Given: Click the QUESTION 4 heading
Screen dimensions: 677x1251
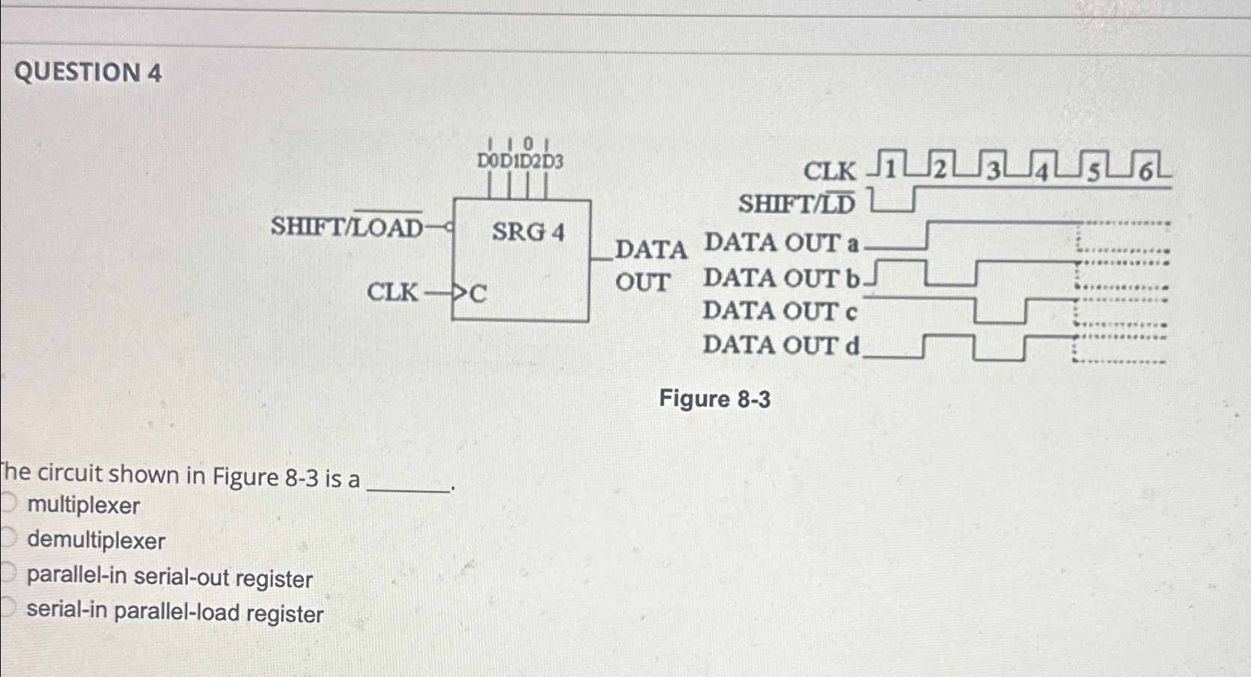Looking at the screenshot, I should click(x=88, y=73).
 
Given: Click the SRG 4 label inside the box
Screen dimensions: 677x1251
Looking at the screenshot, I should click(x=528, y=232).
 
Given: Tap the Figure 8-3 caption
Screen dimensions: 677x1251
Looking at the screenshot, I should click(x=714, y=399).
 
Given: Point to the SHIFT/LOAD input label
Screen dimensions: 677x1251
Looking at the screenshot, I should click(x=347, y=226).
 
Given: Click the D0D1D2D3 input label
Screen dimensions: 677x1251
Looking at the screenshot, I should click(x=520, y=161).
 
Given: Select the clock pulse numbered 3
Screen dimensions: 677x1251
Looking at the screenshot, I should click(x=993, y=171).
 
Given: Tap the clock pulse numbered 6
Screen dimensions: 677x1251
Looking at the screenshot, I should click(x=1145, y=171).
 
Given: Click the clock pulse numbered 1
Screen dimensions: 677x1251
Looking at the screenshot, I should click(x=889, y=169).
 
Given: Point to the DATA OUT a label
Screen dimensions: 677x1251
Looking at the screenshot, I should click(x=781, y=243).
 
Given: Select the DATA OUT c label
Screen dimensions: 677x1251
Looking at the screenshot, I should click(x=779, y=311).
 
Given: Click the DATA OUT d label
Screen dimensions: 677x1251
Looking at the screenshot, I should click(x=781, y=345).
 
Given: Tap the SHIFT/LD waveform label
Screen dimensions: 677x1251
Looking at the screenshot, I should click(x=797, y=204).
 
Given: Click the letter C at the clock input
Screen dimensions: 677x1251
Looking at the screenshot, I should click(x=478, y=294).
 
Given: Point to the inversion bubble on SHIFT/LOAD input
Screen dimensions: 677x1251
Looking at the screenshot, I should click(x=448, y=226).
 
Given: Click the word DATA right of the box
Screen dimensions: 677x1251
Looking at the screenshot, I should click(x=651, y=249).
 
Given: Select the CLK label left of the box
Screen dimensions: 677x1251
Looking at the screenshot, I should click(x=392, y=292).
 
